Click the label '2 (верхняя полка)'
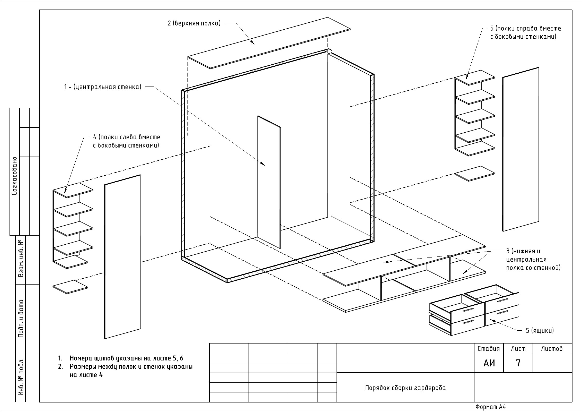[x=194, y=23]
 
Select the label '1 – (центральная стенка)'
[x=103, y=87]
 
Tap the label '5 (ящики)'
[x=540, y=331]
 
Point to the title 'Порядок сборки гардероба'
[x=405, y=388]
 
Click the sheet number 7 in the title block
[x=518, y=363]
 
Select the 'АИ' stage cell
[x=489, y=363]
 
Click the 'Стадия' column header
[x=489, y=349]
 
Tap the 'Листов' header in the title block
[x=552, y=349]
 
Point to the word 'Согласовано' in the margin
[x=15, y=176]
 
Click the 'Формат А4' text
[x=491, y=407]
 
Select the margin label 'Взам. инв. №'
[x=21, y=259]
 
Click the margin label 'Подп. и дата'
[x=21, y=318]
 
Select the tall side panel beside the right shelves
[x=521, y=149]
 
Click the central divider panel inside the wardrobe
[x=269, y=182]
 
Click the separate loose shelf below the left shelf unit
[x=70, y=287]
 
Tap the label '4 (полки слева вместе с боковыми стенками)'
[x=126, y=141]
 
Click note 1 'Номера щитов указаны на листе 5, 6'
[x=126, y=358]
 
